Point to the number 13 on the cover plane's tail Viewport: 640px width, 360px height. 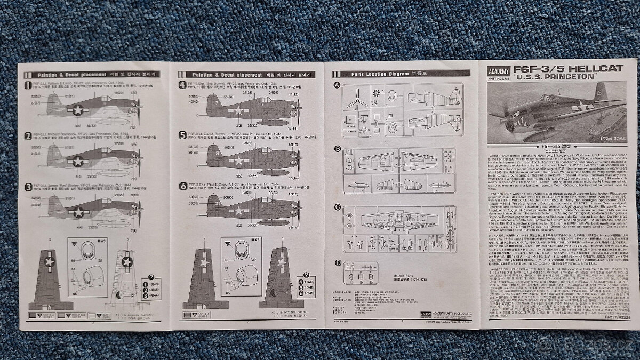tap(599, 92)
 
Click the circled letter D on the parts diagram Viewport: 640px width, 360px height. tap(337, 262)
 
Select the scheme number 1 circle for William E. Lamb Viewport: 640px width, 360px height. tap(28, 85)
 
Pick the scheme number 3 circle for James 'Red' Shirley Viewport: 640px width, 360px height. tap(28, 187)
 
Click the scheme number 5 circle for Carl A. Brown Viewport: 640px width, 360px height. tap(182, 135)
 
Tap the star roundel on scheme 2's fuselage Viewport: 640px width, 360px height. tap(78, 161)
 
